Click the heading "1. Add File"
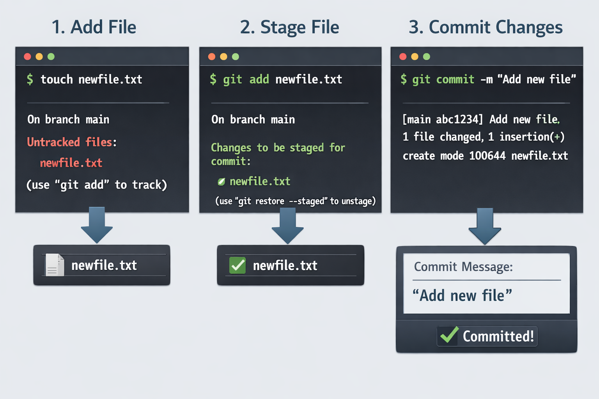(94, 27)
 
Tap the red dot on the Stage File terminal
(212, 56)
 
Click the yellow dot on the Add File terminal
(39, 56)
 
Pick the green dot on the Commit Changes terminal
(427, 56)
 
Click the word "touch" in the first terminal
(57, 79)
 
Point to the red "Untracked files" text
(69, 142)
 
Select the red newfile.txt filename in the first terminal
(71, 163)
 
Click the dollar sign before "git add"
(213, 79)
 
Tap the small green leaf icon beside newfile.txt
(221, 182)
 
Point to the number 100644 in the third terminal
(487, 156)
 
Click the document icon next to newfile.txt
(55, 265)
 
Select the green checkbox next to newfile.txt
(237, 265)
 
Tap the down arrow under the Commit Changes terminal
(485, 226)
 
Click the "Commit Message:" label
(463, 267)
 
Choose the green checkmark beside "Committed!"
(450, 335)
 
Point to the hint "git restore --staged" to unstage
(296, 201)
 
